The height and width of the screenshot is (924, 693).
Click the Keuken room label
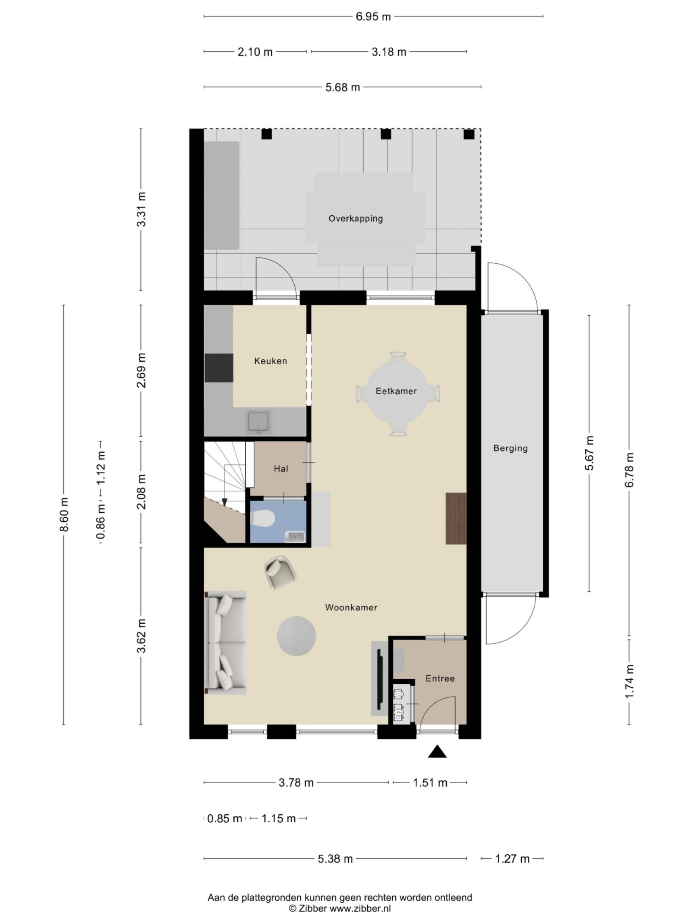[x=271, y=361]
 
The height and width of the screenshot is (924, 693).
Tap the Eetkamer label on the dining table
[x=396, y=391]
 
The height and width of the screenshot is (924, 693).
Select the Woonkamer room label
[x=351, y=607]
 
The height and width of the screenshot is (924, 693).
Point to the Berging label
[x=510, y=448]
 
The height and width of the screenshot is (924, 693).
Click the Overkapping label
[x=355, y=218]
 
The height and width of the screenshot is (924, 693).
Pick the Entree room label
[x=440, y=678]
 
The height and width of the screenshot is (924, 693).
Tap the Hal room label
[x=281, y=469]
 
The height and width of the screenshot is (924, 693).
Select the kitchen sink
[x=259, y=422]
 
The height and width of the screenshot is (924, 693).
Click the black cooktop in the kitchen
[x=219, y=368]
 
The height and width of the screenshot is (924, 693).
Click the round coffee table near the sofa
[x=296, y=636]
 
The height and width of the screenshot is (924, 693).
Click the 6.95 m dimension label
[x=373, y=17]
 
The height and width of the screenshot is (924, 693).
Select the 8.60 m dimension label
[x=64, y=514]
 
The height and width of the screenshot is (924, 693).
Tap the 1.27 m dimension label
[x=512, y=859]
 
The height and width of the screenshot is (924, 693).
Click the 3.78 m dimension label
[x=296, y=782]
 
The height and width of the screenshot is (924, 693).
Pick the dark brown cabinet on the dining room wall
[x=456, y=518]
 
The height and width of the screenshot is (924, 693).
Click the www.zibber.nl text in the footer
[x=361, y=908]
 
